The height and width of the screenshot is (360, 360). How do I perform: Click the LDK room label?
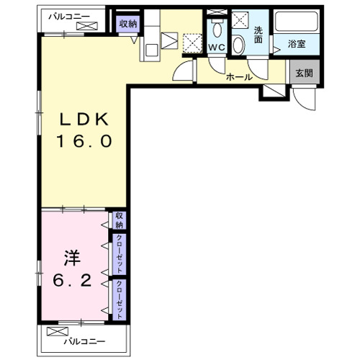point(84,120)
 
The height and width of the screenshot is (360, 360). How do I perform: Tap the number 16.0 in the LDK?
point(84,141)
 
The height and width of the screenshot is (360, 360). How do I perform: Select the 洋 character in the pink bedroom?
point(72,258)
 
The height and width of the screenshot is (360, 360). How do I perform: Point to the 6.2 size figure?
point(72,280)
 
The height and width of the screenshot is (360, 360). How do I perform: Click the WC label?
point(217,48)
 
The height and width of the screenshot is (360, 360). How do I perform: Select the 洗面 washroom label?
point(258,35)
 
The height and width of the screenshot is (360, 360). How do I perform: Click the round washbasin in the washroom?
point(238,45)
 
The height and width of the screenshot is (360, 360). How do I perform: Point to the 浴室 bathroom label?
point(297,44)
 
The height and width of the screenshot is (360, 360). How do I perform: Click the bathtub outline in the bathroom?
point(297,22)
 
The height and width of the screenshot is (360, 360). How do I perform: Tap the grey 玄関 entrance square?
point(305,72)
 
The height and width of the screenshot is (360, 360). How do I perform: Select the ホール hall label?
point(239,77)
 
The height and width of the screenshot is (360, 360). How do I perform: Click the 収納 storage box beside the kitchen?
point(127,24)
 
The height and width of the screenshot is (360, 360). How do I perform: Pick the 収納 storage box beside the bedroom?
point(120,220)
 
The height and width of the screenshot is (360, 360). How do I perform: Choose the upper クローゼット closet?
point(120,254)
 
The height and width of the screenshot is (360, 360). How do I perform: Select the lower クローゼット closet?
point(120,300)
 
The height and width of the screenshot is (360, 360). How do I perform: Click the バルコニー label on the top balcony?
point(69,17)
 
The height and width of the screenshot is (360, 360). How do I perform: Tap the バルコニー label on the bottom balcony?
point(84,341)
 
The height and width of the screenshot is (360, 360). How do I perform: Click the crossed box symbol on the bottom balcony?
point(58,332)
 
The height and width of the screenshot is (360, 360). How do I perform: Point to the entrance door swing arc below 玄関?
point(303,104)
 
